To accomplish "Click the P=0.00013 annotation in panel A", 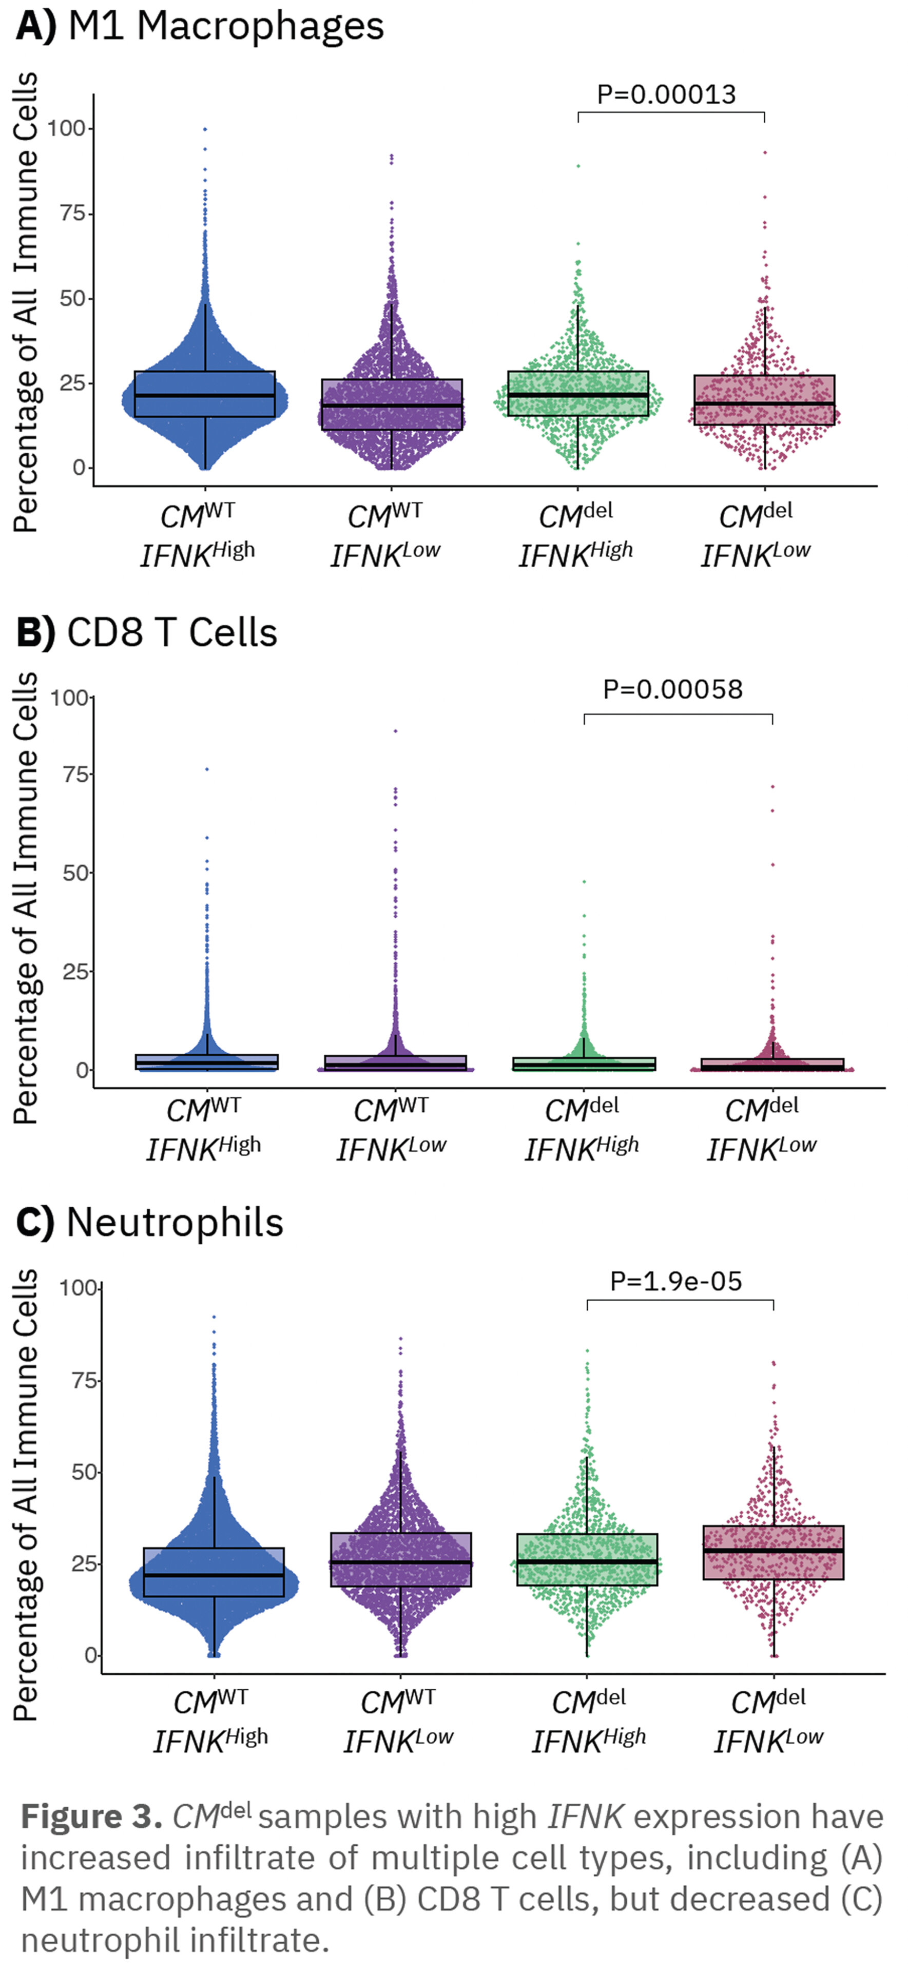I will (x=666, y=95).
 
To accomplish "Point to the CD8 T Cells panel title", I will (x=171, y=633).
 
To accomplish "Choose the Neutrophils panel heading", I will (x=175, y=1223).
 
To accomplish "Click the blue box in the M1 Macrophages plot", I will (x=204, y=394).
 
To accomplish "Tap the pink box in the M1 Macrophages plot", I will (x=764, y=399).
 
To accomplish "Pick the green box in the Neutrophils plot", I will (x=587, y=1560).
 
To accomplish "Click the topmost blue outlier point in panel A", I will (x=205, y=129).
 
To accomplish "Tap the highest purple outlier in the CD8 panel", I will (x=395, y=731).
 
